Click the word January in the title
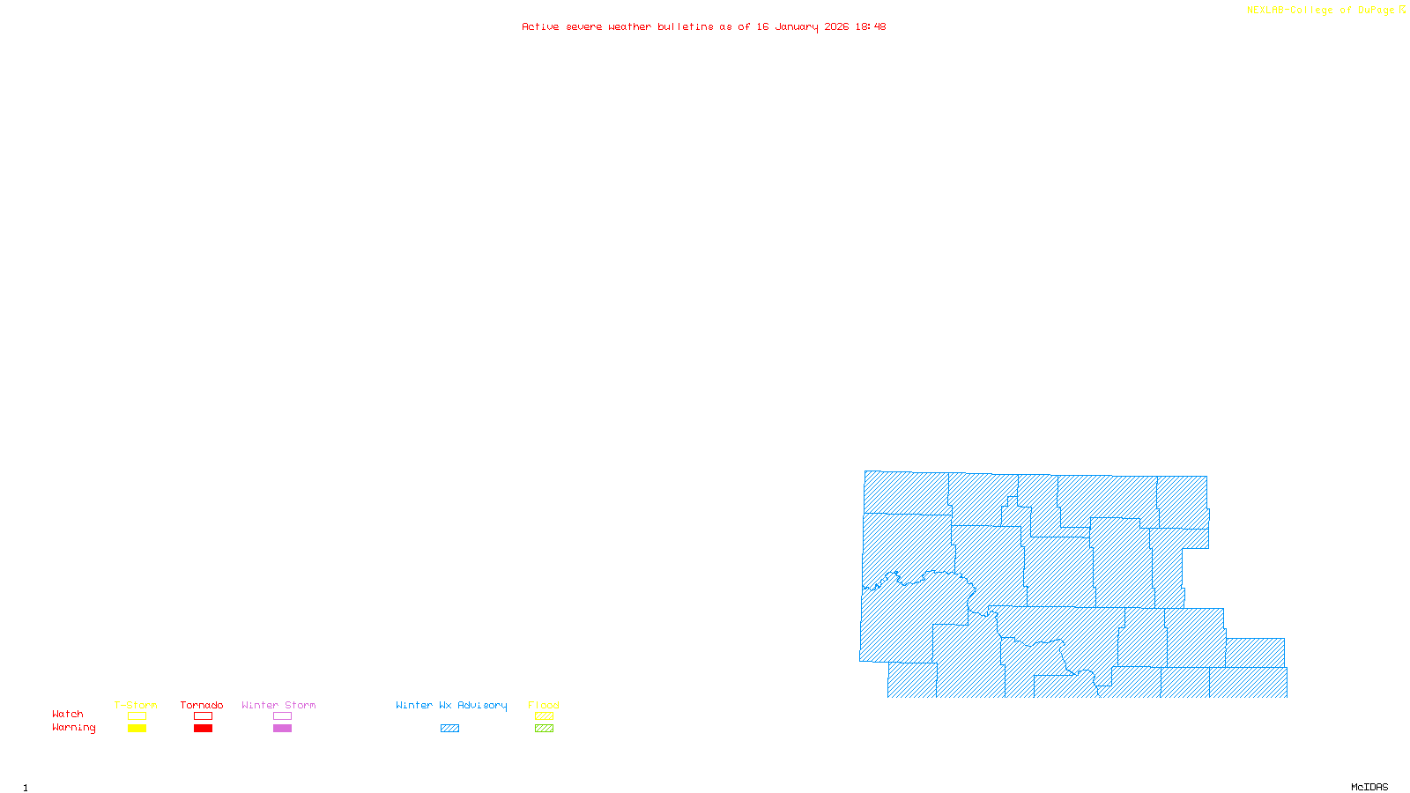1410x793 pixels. point(796,26)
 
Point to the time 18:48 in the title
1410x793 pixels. point(870,26)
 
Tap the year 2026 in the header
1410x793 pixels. point(836,26)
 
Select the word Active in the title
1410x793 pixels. point(539,26)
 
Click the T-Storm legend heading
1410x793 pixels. point(136,705)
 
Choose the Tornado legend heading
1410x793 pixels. point(202,705)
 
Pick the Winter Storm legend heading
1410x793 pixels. point(278,705)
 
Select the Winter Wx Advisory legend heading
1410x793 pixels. point(451,705)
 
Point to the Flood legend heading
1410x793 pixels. point(544,705)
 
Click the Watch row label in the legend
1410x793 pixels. point(68,714)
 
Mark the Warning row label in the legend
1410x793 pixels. point(73,728)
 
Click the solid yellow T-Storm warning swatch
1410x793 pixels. point(137,729)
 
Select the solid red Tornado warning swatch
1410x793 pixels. point(203,729)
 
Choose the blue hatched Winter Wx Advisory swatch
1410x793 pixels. point(449,729)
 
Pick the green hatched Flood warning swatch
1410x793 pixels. point(544,729)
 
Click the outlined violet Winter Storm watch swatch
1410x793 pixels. point(282,716)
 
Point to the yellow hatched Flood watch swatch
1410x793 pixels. point(544,716)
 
